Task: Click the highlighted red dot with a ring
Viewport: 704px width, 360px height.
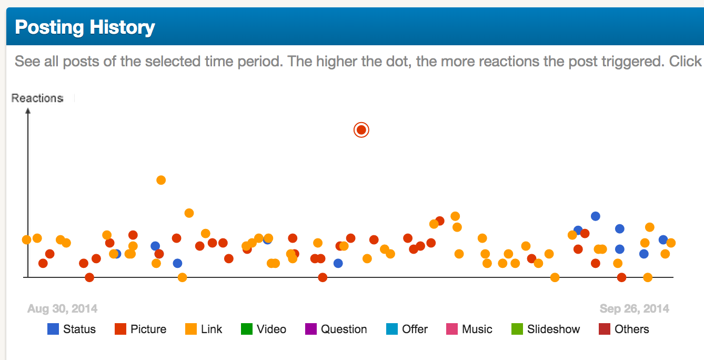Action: click(361, 130)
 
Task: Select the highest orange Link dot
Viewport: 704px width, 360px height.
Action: click(161, 180)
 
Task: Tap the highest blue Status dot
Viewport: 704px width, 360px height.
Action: click(595, 216)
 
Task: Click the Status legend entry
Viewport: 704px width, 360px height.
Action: click(72, 329)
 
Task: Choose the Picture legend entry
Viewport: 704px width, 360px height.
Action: click(140, 329)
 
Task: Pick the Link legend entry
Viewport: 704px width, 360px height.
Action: click(204, 329)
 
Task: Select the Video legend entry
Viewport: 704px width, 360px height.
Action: click(264, 329)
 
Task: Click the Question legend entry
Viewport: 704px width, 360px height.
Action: click(336, 329)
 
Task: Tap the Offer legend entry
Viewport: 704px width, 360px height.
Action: click(407, 329)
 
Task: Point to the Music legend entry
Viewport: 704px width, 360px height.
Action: click(469, 329)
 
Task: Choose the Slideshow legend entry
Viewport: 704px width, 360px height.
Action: click(546, 329)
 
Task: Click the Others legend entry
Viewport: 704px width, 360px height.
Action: click(624, 329)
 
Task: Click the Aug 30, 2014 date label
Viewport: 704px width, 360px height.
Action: click(62, 309)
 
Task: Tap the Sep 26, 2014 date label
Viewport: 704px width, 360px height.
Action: click(634, 309)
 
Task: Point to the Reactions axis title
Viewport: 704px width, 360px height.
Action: click(37, 98)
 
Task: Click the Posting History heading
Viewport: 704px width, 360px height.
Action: click(85, 27)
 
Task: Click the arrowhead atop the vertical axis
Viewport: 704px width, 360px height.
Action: click(28, 111)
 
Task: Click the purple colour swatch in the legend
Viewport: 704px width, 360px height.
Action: click(311, 329)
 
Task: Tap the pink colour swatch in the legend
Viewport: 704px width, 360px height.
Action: click(452, 329)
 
